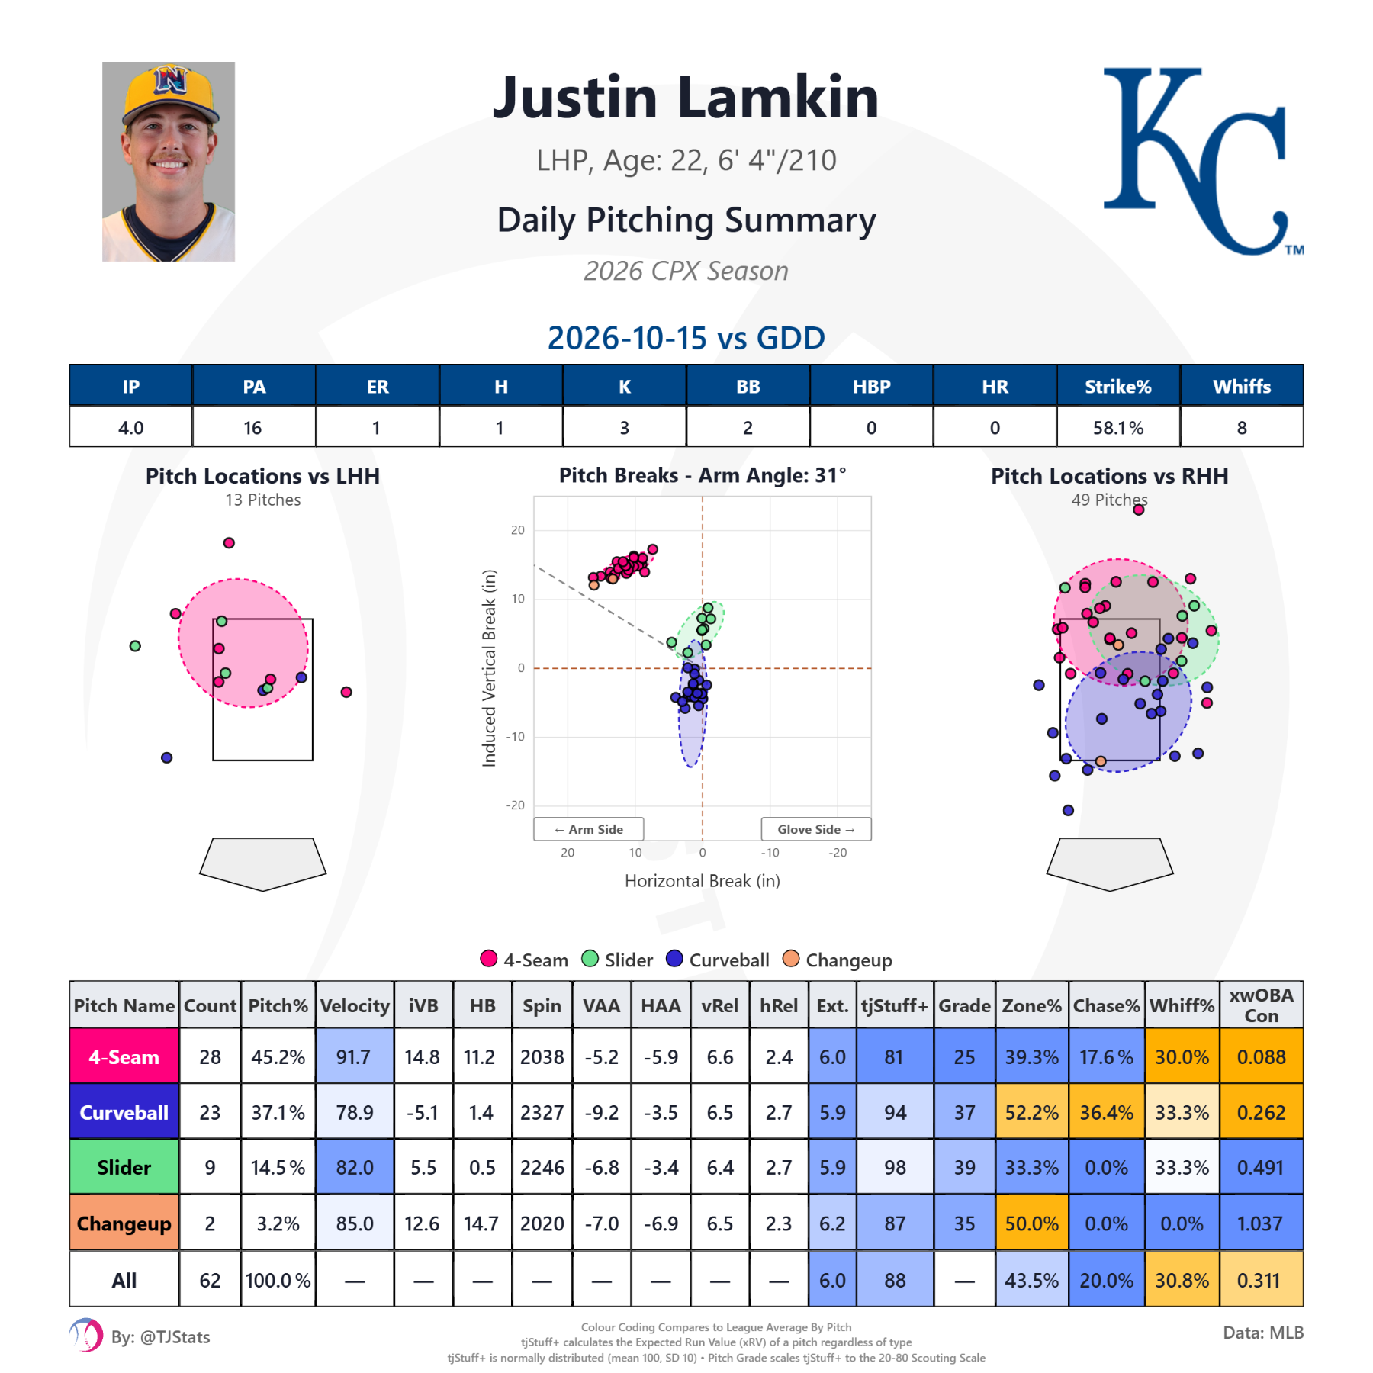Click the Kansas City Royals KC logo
(1203, 160)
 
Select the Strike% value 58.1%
(1117, 428)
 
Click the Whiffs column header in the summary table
(1241, 387)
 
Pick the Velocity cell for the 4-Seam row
(354, 1056)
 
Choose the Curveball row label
(124, 1112)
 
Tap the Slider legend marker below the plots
(590, 959)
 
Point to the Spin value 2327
(542, 1113)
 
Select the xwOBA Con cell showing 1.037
(1260, 1223)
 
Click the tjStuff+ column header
(895, 1005)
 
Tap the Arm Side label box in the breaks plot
(588, 829)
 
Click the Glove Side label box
(815, 829)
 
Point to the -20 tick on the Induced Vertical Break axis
(516, 805)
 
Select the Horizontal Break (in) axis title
(703, 881)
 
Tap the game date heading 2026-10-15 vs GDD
(686, 338)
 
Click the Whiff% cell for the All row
(1182, 1280)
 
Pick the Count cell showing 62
(210, 1280)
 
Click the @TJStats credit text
(161, 1337)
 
